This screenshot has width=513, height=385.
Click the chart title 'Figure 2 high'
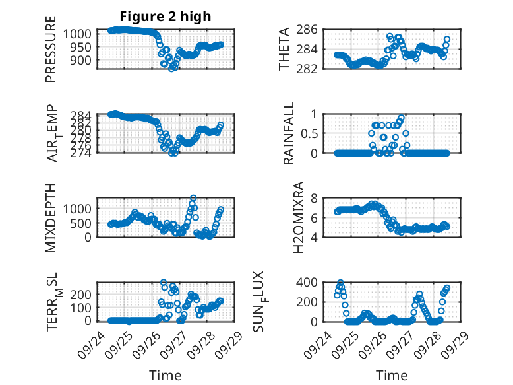166,17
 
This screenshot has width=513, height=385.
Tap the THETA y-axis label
284,49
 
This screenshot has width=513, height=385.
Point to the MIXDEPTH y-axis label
51,217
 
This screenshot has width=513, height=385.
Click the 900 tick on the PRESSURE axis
84,60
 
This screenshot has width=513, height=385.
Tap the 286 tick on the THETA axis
311,30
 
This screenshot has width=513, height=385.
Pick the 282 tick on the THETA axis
311,69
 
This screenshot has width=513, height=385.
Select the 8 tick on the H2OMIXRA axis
315,198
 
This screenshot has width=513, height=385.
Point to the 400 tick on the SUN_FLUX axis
311,283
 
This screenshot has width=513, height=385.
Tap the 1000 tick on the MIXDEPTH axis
80,208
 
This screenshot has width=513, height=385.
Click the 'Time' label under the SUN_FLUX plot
392,376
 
